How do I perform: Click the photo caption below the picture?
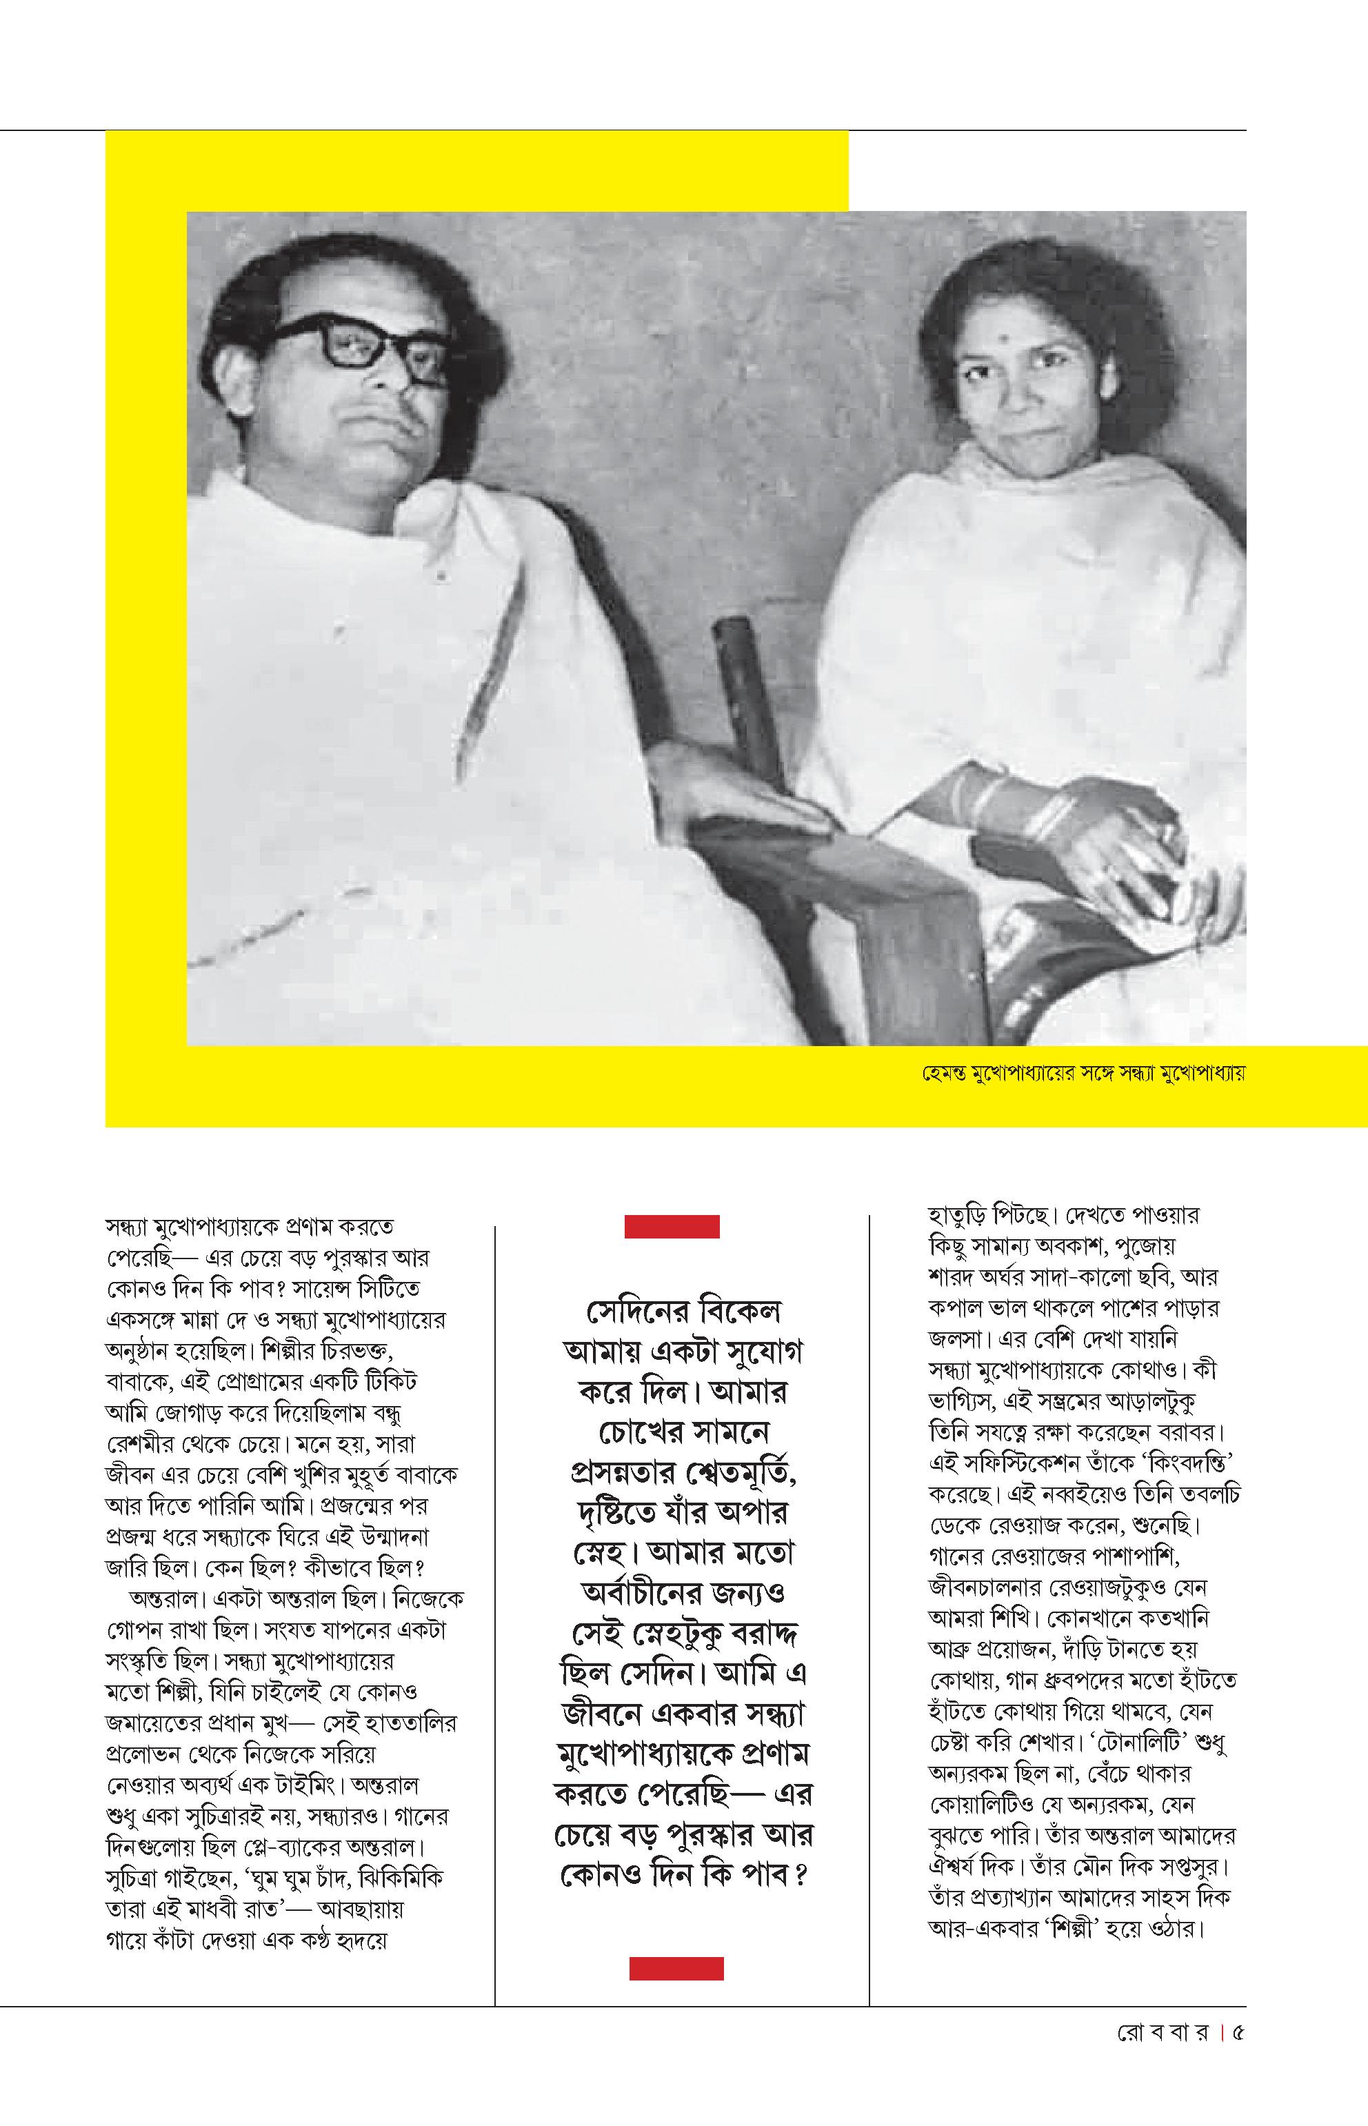click(1083, 1073)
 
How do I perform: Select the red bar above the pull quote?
click(672, 1227)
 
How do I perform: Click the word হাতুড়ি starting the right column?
click(955, 1214)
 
